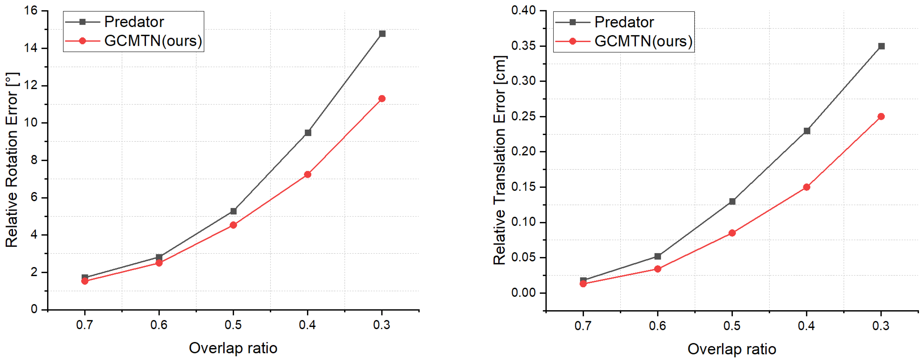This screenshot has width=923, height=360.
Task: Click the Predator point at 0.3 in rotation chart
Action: [x=382, y=34]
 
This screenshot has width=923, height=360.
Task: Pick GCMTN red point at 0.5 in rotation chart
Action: [x=233, y=225]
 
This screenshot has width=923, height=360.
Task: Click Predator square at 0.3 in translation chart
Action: [x=881, y=46]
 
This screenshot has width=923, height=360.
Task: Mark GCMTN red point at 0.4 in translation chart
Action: [x=807, y=187]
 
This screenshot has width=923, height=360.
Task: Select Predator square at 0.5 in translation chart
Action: [x=732, y=201]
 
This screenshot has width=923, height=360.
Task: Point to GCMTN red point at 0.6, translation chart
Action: [x=657, y=269]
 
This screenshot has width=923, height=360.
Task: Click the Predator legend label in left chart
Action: [x=134, y=22]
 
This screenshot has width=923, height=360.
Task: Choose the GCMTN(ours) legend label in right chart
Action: [x=643, y=41]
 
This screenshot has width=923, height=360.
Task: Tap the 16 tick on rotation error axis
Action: [x=31, y=10]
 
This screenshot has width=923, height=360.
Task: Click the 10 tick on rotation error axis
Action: [x=31, y=122]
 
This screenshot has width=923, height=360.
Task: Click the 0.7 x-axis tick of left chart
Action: [x=85, y=325]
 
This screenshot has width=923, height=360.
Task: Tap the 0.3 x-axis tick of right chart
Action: [x=881, y=325]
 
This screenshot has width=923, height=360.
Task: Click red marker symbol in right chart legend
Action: [x=573, y=41]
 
